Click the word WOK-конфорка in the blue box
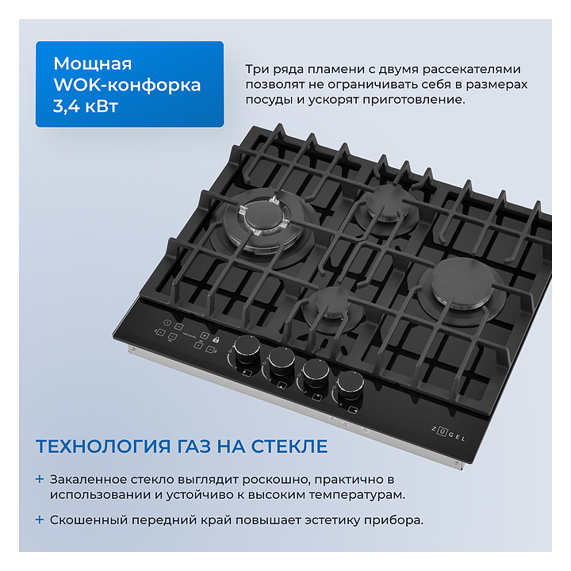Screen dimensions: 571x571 point(127,85)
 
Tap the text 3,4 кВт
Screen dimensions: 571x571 point(86,106)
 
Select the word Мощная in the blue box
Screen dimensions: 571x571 point(93,63)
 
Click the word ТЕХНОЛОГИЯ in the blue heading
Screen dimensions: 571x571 point(103,446)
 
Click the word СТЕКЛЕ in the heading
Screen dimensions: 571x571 point(289,446)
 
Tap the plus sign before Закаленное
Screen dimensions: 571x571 point(40,479)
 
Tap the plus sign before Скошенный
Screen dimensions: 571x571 point(40,519)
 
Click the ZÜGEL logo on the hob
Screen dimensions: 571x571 point(448,433)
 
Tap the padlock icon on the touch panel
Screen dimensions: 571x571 point(216,339)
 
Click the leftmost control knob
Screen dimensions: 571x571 point(247,348)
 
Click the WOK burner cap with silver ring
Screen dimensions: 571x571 point(264,216)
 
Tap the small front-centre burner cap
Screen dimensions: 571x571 point(332,301)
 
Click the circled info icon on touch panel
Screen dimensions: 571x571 point(167,322)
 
